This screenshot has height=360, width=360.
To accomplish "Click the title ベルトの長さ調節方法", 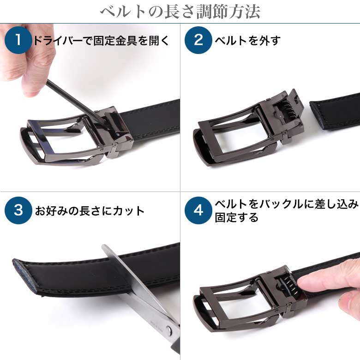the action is pyautogui.click(x=180, y=12).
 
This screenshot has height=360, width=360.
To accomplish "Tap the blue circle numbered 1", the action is pyautogui.click(x=18, y=40).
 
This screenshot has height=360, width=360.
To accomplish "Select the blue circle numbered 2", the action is pyautogui.click(x=198, y=40).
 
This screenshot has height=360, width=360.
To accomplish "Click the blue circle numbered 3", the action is pyautogui.click(x=18, y=210).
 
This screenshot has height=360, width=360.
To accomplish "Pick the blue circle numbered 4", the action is pyautogui.click(x=198, y=210).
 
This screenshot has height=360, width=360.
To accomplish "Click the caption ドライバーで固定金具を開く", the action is pyautogui.click(x=101, y=41).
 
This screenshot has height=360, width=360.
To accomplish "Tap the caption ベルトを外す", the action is pyautogui.click(x=247, y=41).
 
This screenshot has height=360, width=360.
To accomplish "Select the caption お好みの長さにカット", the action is pyautogui.click(x=90, y=211).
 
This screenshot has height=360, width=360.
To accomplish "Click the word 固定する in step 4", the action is pyautogui.click(x=236, y=217).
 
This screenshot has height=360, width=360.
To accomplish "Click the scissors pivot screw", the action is pyautogui.click(x=168, y=330).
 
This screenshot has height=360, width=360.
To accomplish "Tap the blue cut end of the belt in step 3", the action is pyautogui.click(x=25, y=277).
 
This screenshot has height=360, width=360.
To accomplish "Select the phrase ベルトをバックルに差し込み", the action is pyautogui.click(x=287, y=204).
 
